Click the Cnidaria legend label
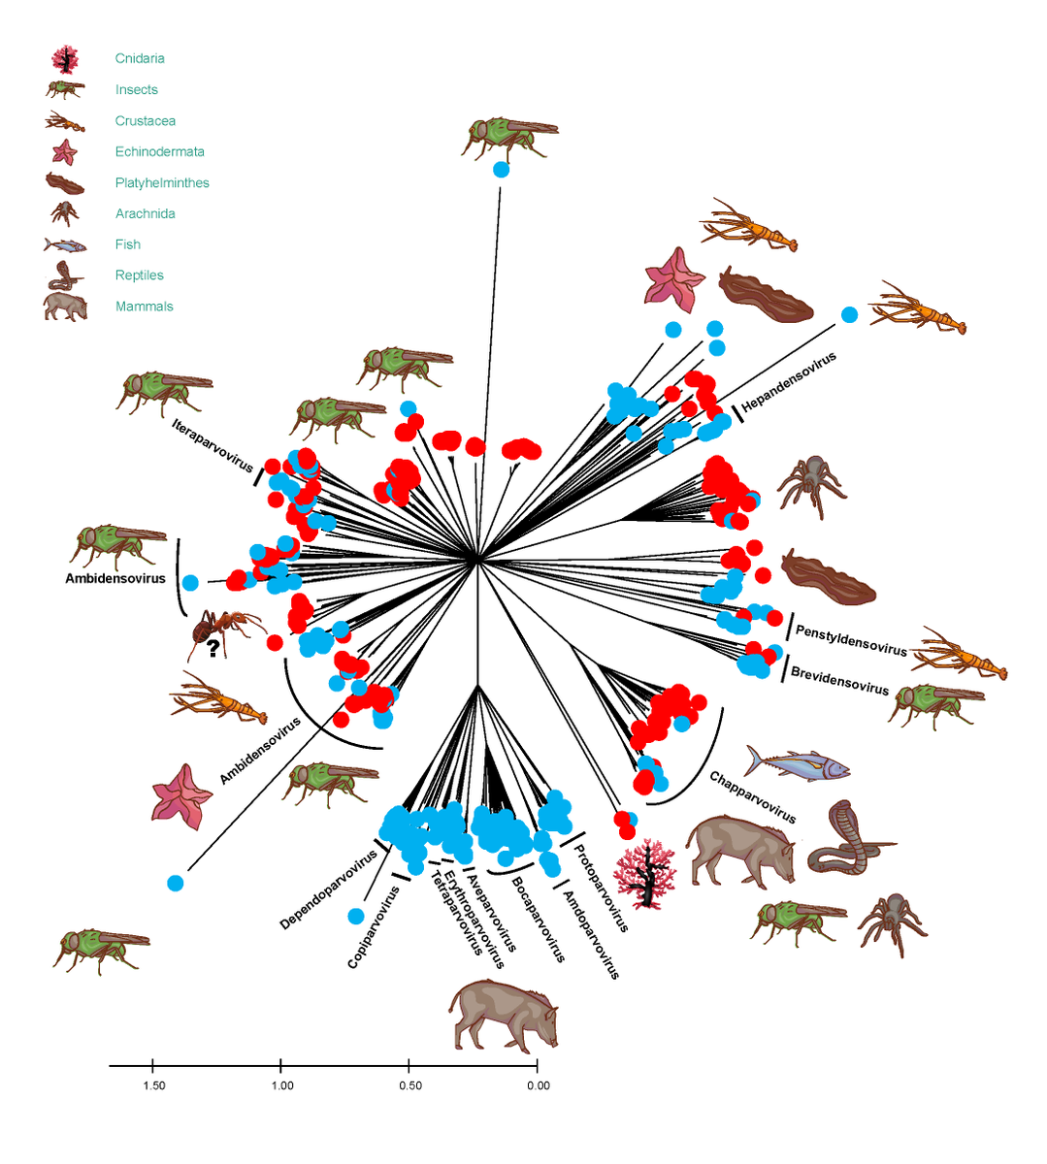(x=140, y=59)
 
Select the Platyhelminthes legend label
(x=162, y=183)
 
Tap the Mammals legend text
(x=144, y=307)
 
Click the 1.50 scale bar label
(x=153, y=1085)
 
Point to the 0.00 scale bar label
(x=538, y=1085)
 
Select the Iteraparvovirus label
(x=213, y=445)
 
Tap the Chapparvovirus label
(x=752, y=797)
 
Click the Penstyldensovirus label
(x=851, y=640)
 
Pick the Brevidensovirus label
(x=839, y=680)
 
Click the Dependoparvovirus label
(x=328, y=890)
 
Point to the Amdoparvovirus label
(x=590, y=934)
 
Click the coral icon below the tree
(x=645, y=874)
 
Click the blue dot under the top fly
(x=501, y=170)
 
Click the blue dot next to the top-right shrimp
(x=849, y=314)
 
